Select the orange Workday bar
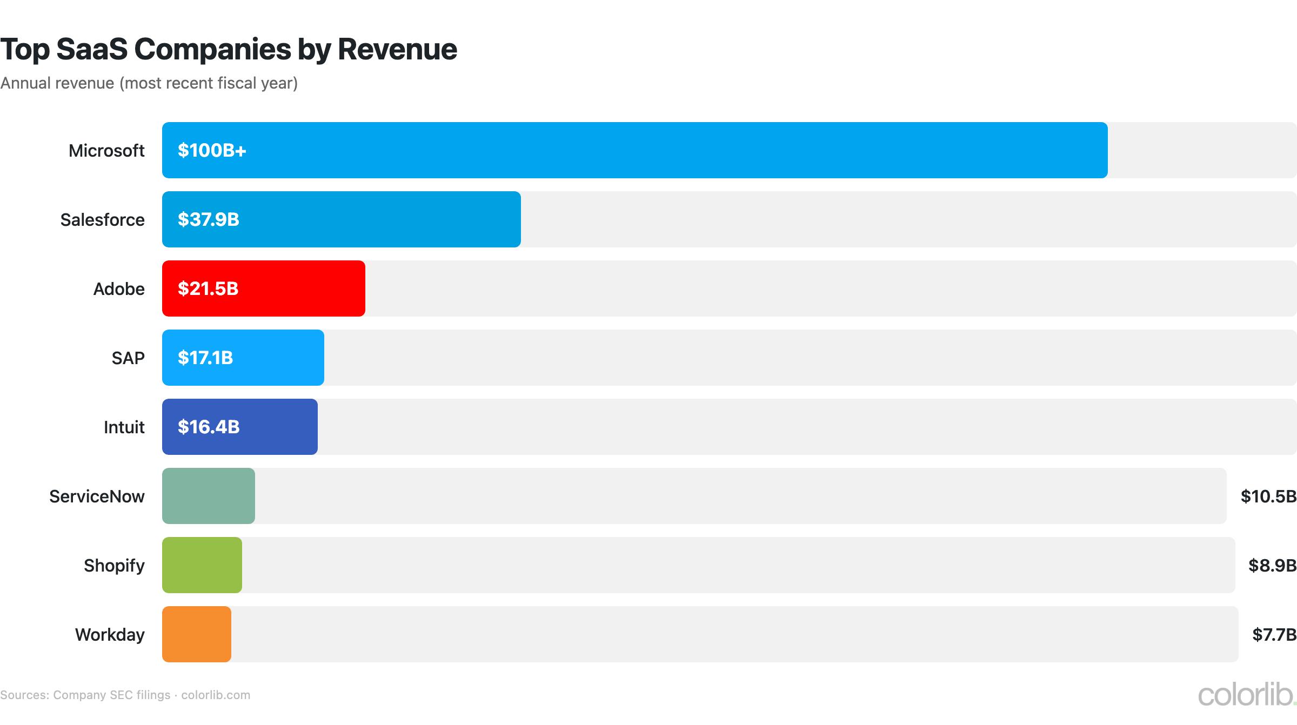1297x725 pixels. pos(197,634)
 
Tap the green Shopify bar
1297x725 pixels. pos(202,565)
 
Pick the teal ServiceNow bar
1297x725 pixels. pos(209,496)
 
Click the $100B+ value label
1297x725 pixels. pos(212,150)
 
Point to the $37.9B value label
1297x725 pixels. pos(209,219)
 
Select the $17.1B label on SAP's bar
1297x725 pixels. pos(205,358)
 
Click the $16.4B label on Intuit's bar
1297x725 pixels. pos(209,427)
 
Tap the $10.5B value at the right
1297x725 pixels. pos(1268,496)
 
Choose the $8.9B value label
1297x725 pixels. pos(1272,565)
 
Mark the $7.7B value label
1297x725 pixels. pos(1274,634)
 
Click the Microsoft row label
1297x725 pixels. pos(106,150)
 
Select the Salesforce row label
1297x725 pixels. pos(102,219)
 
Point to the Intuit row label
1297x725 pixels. pos(124,427)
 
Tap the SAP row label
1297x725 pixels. pos(128,358)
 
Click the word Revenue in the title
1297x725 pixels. pos(397,49)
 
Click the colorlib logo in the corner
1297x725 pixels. pos(1246,694)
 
